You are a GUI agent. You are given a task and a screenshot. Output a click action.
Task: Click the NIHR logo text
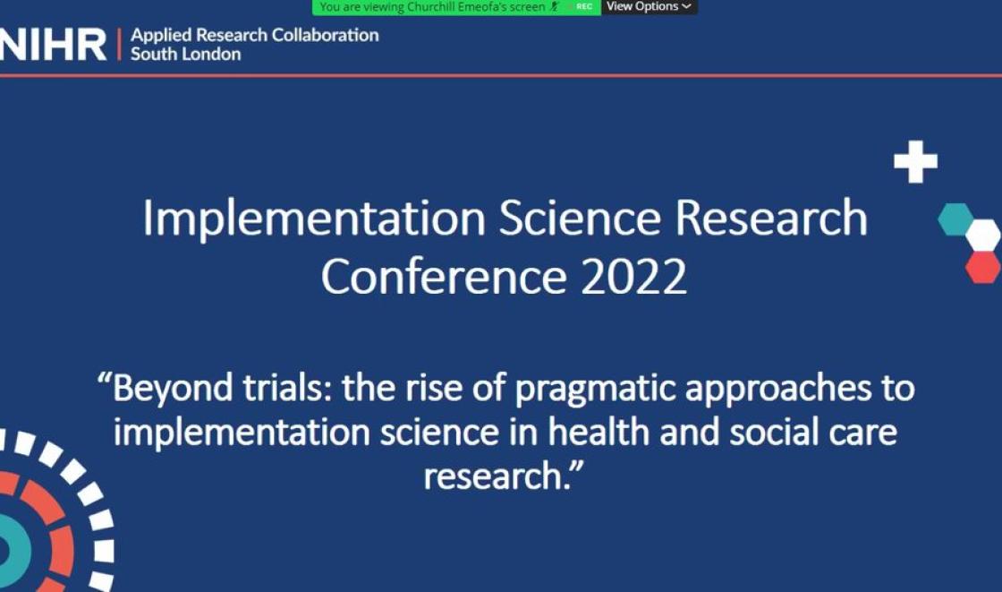pos(53,45)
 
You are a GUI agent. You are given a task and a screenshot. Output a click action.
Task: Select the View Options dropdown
pos(650,7)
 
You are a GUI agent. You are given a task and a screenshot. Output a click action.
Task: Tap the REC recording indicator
pos(584,7)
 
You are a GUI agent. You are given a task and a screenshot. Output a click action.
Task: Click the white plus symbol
pos(916,161)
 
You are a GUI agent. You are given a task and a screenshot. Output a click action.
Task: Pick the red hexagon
pos(983,267)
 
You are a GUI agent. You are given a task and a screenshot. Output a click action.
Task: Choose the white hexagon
pos(983,235)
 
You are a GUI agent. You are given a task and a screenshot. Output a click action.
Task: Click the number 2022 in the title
pos(633,277)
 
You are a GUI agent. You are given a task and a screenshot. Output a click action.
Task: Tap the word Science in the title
pos(580,218)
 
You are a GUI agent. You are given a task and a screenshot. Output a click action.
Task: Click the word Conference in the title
pos(444,277)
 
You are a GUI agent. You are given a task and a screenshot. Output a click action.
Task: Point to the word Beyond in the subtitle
pos(173,389)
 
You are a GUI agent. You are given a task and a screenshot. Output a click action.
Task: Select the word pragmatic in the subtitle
pos(595,390)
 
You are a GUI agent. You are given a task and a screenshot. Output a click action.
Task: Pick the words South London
pos(185,54)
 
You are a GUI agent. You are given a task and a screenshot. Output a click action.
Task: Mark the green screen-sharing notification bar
pos(456,7)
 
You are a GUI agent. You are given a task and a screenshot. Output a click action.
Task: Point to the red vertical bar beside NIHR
pos(119,44)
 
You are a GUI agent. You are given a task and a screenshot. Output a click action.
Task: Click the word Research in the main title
pos(771,218)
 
